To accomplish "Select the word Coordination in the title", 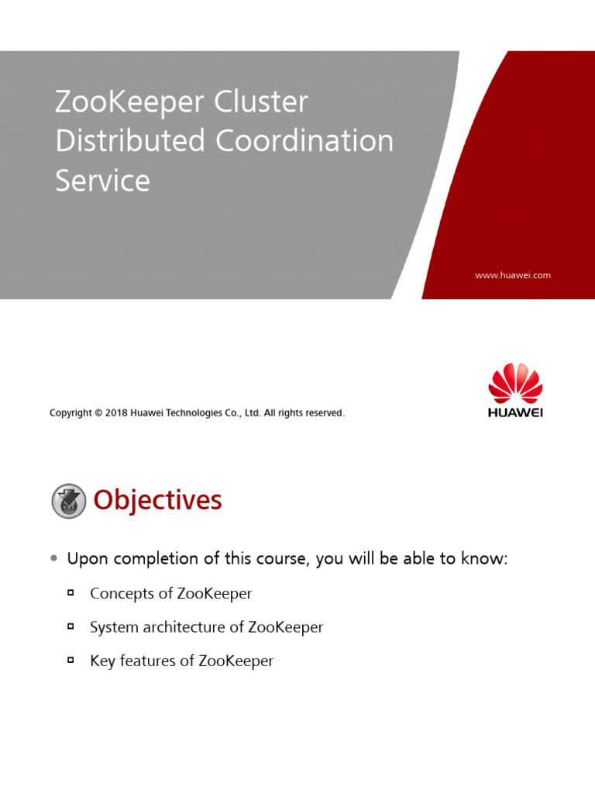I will [304, 141].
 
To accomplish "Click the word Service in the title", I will [102, 181].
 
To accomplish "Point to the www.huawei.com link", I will [512, 275].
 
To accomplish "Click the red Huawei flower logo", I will [515, 383].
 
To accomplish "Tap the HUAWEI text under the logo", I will [515, 413].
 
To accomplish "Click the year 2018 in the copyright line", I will [116, 413].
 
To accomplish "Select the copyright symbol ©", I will [98, 413].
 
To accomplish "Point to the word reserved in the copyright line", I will [325, 413].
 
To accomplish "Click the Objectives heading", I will [157, 501].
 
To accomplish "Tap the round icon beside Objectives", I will [69, 501].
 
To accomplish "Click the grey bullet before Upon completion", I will [53, 558].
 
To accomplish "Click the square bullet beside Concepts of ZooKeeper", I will [71, 593].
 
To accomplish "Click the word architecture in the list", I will [172, 627].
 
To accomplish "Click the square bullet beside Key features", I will [71, 661].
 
